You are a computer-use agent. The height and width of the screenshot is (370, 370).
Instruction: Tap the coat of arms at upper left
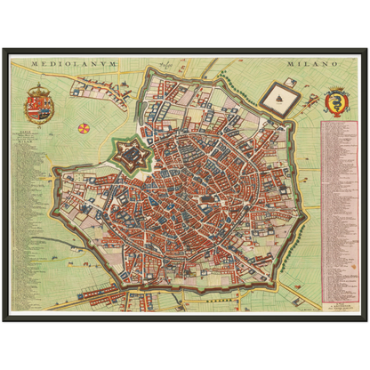39,100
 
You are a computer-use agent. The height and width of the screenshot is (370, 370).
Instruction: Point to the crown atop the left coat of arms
39,87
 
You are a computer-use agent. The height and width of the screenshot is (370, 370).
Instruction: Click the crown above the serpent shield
339,87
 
